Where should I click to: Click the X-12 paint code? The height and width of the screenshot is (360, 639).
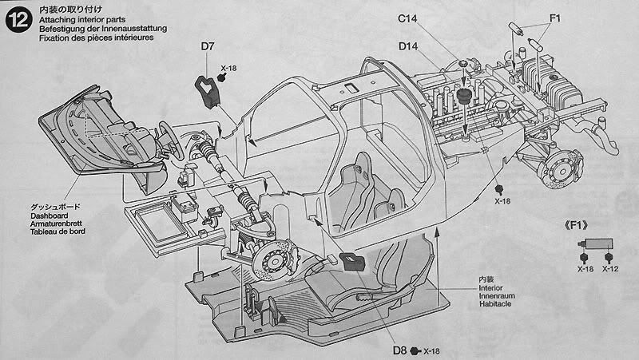[609, 269]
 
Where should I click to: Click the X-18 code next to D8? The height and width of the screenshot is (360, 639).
[431, 350]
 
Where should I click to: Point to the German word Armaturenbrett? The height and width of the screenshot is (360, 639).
[65, 224]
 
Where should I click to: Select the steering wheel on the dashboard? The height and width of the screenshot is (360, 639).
[169, 136]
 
